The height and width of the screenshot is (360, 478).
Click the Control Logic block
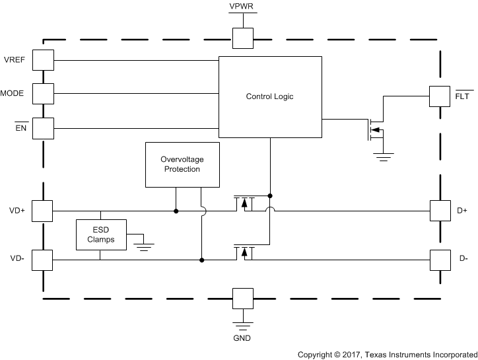click(x=270, y=97)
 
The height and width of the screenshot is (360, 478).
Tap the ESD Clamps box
click(x=100, y=234)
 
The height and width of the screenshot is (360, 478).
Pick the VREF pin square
click(x=43, y=60)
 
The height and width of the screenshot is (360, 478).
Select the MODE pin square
click(x=43, y=93)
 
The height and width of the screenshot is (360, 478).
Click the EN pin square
click(x=43, y=127)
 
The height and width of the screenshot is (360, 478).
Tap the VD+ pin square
click(x=43, y=211)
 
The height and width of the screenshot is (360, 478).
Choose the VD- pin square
click(x=43, y=260)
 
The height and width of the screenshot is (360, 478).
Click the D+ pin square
click(x=440, y=211)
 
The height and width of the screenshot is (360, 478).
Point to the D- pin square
click(x=440, y=260)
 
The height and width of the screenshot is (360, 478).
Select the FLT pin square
click(x=440, y=96)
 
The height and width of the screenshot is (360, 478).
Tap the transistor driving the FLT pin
click(x=374, y=129)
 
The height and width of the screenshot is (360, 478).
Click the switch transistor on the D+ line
click(x=244, y=203)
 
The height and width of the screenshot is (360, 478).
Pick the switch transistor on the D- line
click(x=244, y=252)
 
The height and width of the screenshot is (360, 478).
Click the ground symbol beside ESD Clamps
click(x=143, y=246)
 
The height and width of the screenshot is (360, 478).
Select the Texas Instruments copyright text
click(x=386, y=354)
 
